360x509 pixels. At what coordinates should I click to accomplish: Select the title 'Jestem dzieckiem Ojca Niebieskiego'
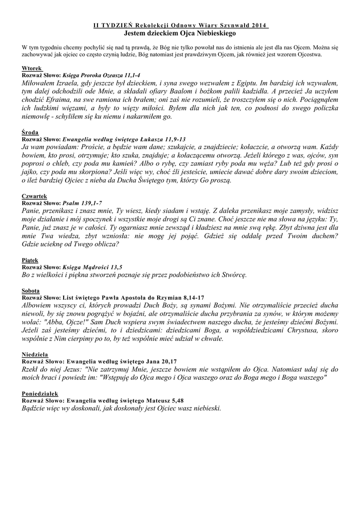click(x=180, y=33)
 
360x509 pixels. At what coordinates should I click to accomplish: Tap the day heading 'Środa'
click(x=30, y=133)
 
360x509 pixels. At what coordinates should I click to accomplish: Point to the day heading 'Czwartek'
click(x=34, y=197)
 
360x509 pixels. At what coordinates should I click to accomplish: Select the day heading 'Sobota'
click(x=31, y=290)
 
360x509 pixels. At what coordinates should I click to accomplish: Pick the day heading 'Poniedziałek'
click(x=40, y=393)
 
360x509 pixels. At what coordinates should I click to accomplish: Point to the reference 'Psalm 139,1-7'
click(x=82, y=203)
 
